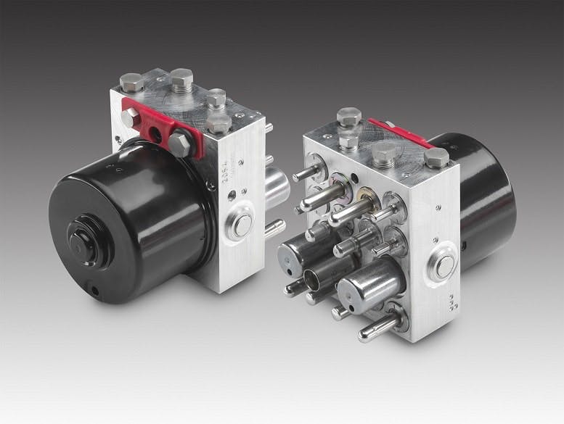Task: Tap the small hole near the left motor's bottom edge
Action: pos(95,289)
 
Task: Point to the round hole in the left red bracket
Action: pos(155,133)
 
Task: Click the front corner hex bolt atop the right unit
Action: pos(349,117)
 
